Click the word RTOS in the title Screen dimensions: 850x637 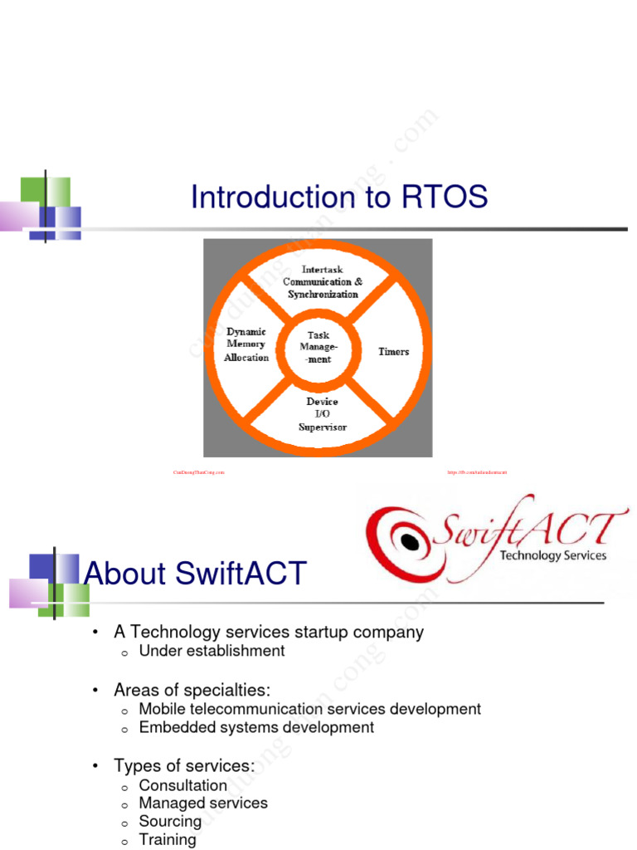tap(445, 198)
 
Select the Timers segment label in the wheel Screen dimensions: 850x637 tap(394, 352)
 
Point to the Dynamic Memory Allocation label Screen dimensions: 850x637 tap(246, 344)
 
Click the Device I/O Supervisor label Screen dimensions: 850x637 tap(322, 414)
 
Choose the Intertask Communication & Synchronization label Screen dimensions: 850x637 tap(323, 281)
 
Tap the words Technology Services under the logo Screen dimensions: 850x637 tap(553, 555)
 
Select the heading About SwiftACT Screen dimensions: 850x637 tap(196, 574)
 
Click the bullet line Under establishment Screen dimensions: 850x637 tap(212, 651)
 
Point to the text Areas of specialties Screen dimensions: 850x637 tap(192, 691)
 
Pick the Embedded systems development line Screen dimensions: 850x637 tap(256, 727)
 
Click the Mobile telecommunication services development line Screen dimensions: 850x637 tap(309, 709)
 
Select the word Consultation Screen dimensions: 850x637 tap(182, 785)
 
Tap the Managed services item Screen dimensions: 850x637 tap(203, 803)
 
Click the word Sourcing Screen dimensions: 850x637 tap(170, 821)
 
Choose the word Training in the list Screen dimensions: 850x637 tap(168, 839)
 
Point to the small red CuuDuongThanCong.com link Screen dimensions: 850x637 tap(199, 472)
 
